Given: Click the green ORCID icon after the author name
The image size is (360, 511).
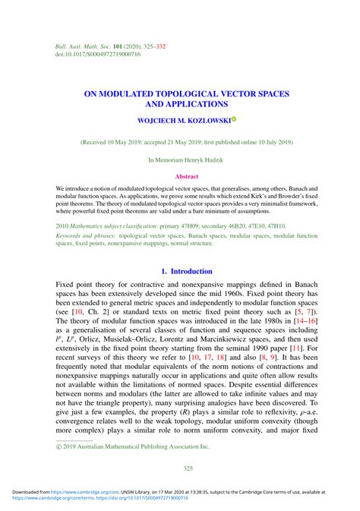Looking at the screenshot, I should [x=234, y=119].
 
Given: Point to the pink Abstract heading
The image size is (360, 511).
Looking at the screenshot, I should [x=187, y=176].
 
